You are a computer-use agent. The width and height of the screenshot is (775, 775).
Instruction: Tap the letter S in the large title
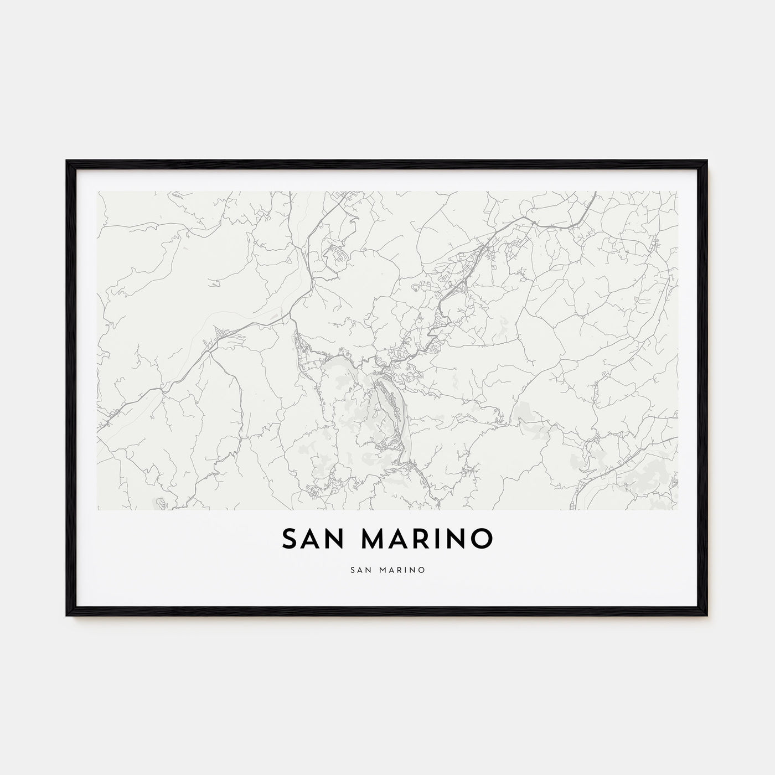pyautogui.click(x=290, y=539)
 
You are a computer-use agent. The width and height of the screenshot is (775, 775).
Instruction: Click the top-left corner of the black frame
pyautogui.click(x=67, y=161)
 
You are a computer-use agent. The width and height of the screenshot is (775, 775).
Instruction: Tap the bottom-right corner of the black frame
pyautogui.click(x=707, y=616)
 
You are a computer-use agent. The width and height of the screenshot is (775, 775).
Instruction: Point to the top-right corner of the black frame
pyautogui.click(x=707, y=161)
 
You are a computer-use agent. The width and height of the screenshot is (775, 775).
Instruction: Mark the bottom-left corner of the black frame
pyautogui.click(x=67, y=616)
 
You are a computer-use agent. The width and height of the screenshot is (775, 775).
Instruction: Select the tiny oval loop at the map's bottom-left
pyautogui.click(x=161, y=503)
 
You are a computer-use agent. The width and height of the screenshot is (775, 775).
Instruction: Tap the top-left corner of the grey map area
pyautogui.click(x=98, y=192)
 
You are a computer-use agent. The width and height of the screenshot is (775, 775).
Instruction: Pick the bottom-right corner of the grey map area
pyautogui.click(x=677, y=509)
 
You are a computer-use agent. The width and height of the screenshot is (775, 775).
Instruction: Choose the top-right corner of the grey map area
pyautogui.click(x=677, y=192)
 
